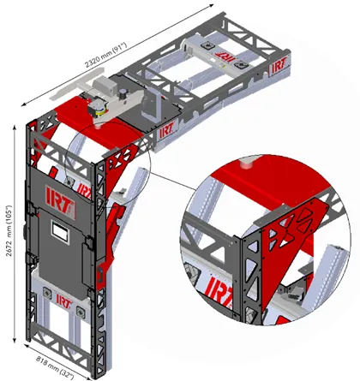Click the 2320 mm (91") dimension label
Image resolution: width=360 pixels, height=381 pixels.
(105, 55)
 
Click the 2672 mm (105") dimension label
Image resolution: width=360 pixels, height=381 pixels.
(9, 230)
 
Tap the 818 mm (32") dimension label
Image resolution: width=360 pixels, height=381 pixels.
(55, 367)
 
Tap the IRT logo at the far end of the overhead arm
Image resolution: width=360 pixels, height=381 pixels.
(279, 66)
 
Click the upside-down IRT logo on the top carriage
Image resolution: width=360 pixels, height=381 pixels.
(224, 56)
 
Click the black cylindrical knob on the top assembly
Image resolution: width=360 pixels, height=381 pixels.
(123, 94)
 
